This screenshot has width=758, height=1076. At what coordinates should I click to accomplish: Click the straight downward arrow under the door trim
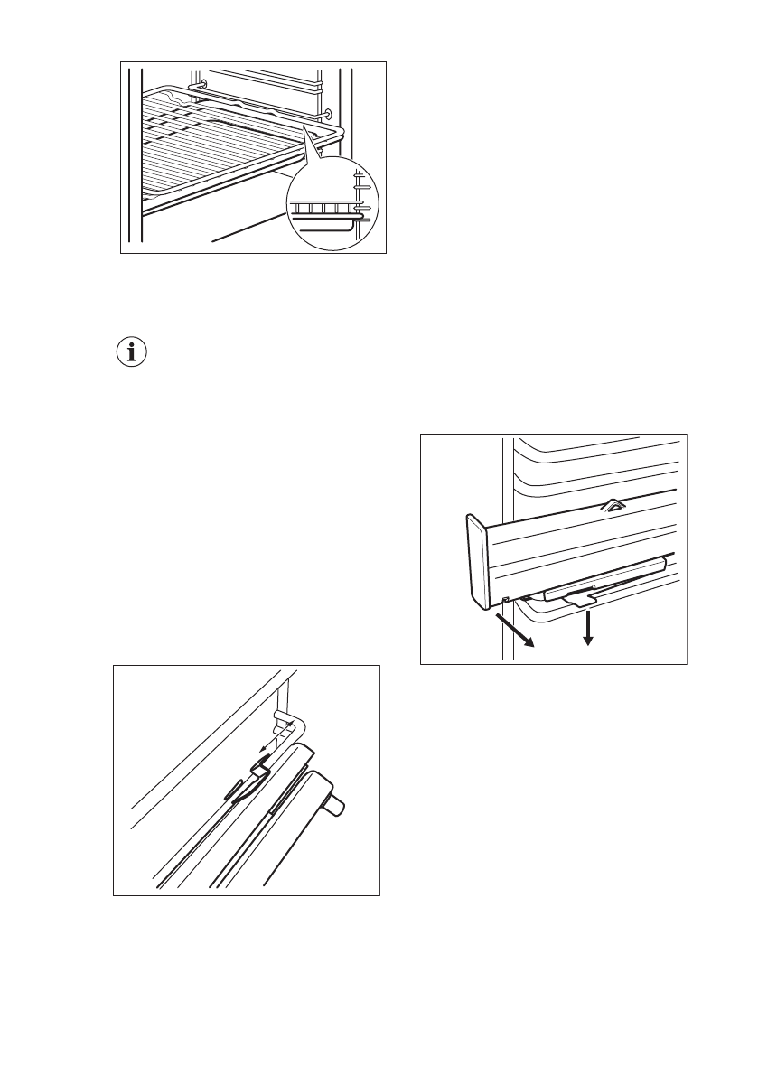[588, 627]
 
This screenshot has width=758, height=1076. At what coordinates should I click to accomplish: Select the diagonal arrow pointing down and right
[514, 631]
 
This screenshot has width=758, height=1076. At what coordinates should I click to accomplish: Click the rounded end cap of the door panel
[476, 559]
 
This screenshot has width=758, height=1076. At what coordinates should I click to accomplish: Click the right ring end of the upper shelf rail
[326, 115]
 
